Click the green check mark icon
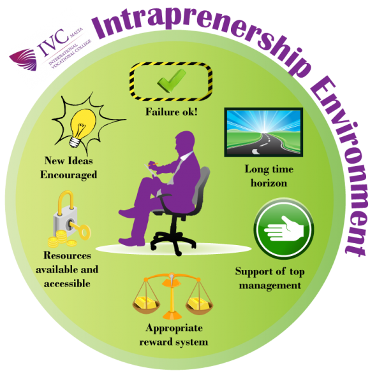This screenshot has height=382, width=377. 171,80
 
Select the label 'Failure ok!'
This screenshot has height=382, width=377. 172,112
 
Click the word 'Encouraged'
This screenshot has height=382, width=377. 69,175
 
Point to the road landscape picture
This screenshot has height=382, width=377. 263,132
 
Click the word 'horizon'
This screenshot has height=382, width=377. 269,183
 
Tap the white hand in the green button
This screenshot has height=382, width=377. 284,229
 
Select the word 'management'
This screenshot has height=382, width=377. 270,285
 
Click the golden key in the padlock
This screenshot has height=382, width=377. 80,229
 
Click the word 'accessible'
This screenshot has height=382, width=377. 67,283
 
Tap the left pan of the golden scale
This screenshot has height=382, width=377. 146,304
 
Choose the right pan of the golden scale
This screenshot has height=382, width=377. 199,305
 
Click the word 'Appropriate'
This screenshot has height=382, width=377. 174,329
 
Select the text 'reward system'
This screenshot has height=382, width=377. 174,343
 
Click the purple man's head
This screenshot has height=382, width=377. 185,143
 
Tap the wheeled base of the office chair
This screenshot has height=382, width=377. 173,242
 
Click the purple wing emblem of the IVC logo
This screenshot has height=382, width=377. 24,59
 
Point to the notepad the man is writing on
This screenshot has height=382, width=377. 151,171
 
